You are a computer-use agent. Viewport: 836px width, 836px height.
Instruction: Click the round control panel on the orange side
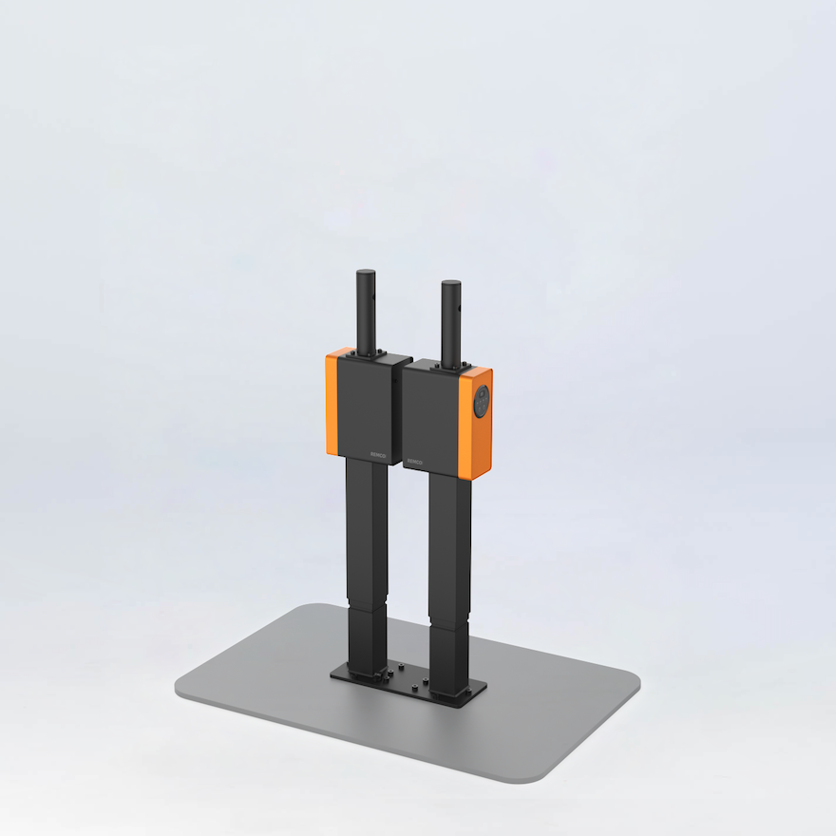(x=482, y=403)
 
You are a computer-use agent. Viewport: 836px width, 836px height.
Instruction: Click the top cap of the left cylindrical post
(x=366, y=274)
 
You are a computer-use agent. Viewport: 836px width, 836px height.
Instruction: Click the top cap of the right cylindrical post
(x=451, y=283)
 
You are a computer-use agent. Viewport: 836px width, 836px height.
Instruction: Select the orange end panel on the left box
(x=332, y=403)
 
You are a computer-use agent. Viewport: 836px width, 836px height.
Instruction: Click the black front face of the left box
(x=363, y=408)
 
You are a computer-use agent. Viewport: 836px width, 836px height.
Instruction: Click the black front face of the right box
(x=430, y=418)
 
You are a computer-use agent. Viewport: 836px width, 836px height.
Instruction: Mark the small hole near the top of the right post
(x=459, y=310)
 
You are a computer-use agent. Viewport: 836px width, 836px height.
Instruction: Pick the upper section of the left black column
(x=366, y=527)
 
